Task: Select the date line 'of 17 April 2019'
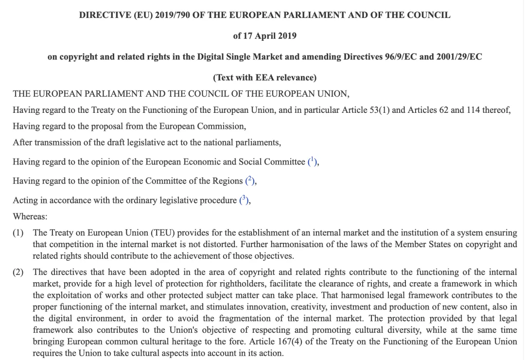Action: (x=265, y=36)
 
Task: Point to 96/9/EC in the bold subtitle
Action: (x=397, y=57)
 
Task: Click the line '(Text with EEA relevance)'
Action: (x=265, y=78)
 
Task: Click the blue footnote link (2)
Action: (x=249, y=180)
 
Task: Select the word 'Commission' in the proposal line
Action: (x=220, y=126)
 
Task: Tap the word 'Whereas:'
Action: (x=29, y=216)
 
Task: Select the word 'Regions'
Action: (x=227, y=181)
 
